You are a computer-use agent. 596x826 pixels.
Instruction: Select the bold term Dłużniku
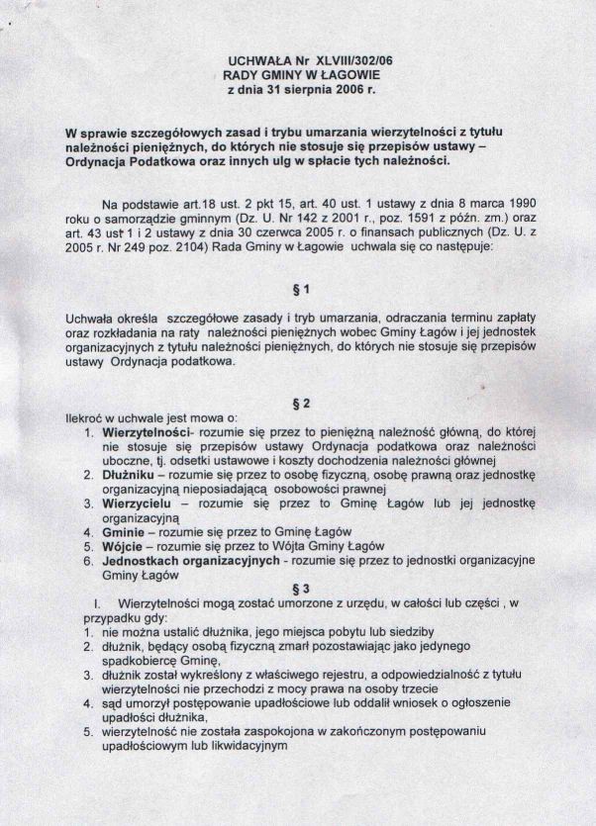128,475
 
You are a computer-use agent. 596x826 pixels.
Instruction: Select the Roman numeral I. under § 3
97,602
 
